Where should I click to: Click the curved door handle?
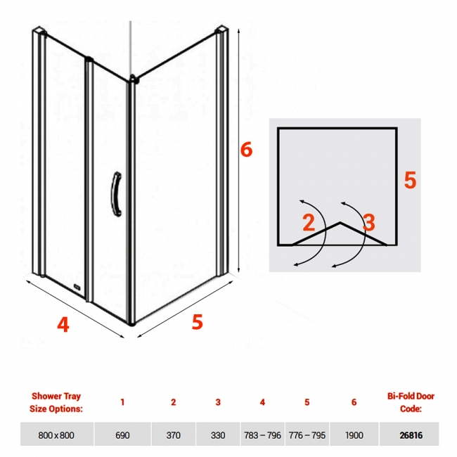tap(117, 194)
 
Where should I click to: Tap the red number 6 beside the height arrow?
tap(246, 150)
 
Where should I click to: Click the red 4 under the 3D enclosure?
tap(63, 324)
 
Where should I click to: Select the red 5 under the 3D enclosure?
tap(198, 321)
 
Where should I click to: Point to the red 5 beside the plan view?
tap(410, 180)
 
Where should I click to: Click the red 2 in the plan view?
tap(309, 222)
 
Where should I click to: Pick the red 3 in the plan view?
tap(369, 222)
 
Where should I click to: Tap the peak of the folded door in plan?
tap(340, 223)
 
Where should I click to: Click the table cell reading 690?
tap(122, 435)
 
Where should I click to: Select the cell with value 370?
tap(174, 435)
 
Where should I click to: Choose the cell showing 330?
tap(218, 435)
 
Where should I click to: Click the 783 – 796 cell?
tap(262, 435)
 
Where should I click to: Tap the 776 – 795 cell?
tap(307, 435)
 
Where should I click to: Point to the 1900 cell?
tap(354, 435)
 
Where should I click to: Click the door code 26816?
tap(411, 435)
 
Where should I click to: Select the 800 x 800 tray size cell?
tap(56, 435)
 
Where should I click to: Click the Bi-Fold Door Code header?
tap(411, 402)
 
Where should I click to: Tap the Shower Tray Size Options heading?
tap(56, 402)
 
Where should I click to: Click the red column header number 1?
tap(122, 402)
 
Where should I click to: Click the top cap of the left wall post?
tap(39, 30)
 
